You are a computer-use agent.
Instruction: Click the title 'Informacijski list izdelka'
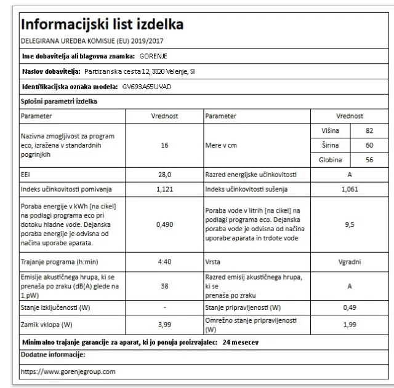(x=102, y=25)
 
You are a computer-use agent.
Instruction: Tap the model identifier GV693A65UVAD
(x=147, y=87)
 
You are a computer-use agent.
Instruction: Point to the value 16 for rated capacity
(x=164, y=145)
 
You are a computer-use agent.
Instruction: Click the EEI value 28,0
(x=164, y=175)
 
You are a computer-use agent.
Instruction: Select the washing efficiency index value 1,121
(x=164, y=189)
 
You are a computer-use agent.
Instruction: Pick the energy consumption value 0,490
(x=164, y=224)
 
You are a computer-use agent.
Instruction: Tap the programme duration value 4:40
(x=164, y=261)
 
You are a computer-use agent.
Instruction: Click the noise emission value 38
(x=164, y=285)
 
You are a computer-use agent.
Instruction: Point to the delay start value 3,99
(x=164, y=325)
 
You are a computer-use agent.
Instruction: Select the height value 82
(x=369, y=131)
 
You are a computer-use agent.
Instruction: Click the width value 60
(x=369, y=146)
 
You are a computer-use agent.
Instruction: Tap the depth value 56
(x=369, y=160)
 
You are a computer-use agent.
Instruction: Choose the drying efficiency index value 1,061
(x=349, y=189)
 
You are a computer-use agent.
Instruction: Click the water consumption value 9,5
(x=349, y=224)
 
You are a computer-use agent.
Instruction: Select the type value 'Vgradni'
(x=349, y=261)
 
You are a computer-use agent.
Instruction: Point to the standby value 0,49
(x=349, y=307)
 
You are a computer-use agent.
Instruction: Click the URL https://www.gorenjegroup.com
(x=68, y=371)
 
